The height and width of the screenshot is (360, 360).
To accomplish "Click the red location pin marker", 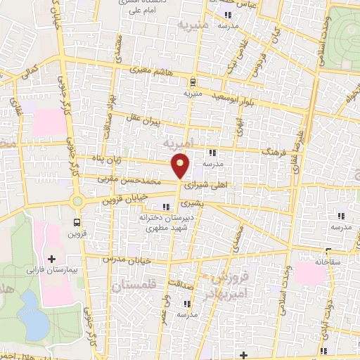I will tap(181, 166).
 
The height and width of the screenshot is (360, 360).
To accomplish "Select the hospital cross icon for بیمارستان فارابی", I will tap(52, 259).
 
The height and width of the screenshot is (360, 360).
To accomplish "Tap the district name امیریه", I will tap(176, 145).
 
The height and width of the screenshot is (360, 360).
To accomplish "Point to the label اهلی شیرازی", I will tap(205, 186).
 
